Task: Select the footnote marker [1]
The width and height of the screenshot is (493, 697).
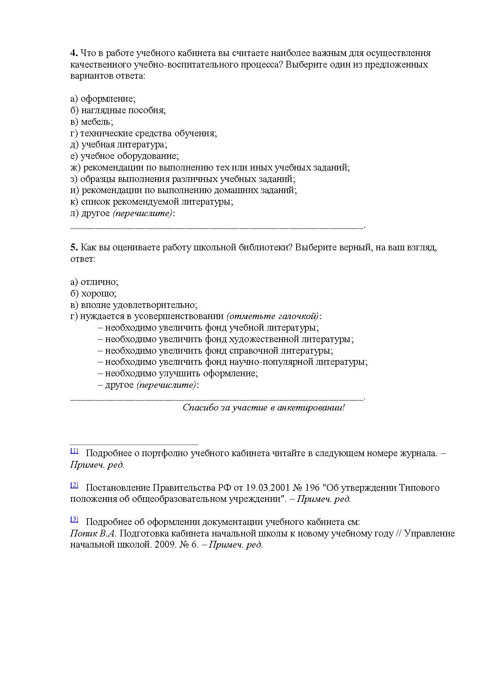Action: click(74, 451)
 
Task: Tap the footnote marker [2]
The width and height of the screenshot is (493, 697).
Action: click(74, 485)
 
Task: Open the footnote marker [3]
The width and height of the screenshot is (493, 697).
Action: click(74, 519)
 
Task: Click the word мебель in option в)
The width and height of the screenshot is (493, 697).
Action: click(97, 122)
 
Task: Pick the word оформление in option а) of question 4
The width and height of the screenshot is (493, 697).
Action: click(108, 99)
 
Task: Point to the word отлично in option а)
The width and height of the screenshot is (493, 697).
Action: click(99, 282)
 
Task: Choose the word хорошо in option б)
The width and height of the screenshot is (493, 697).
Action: click(99, 294)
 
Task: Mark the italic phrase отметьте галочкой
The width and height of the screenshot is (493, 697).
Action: click(273, 316)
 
